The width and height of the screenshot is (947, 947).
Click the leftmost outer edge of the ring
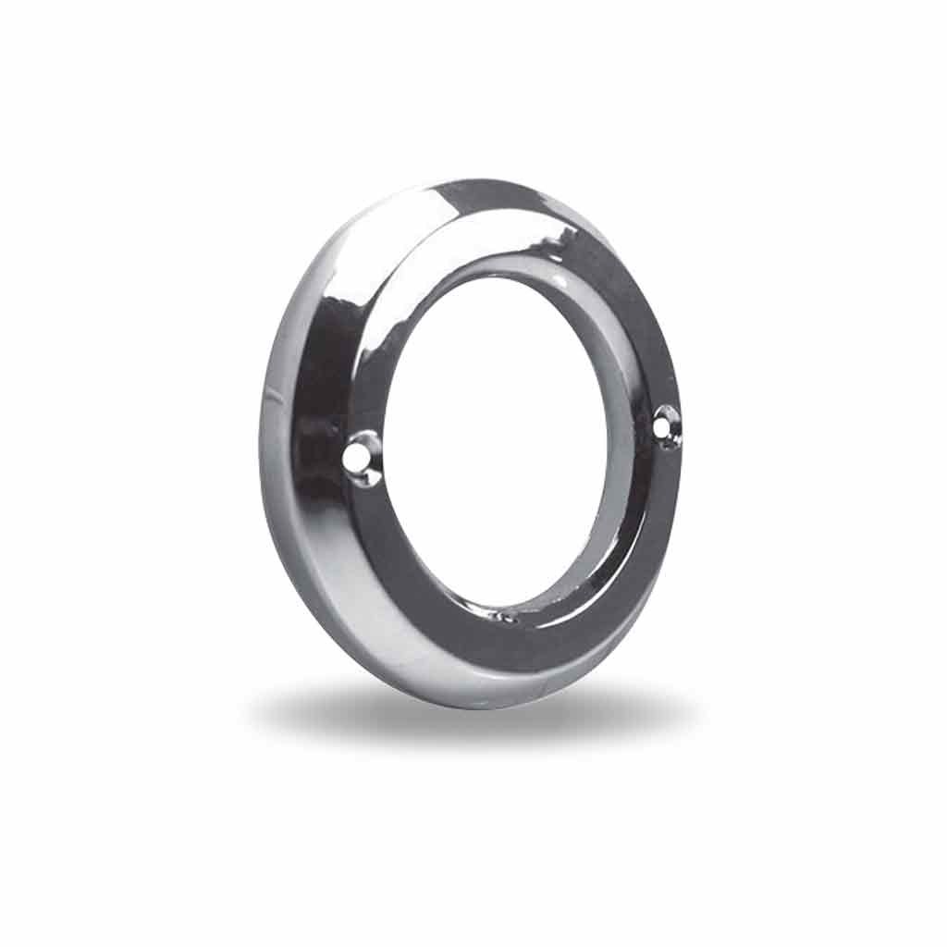point(260,444)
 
